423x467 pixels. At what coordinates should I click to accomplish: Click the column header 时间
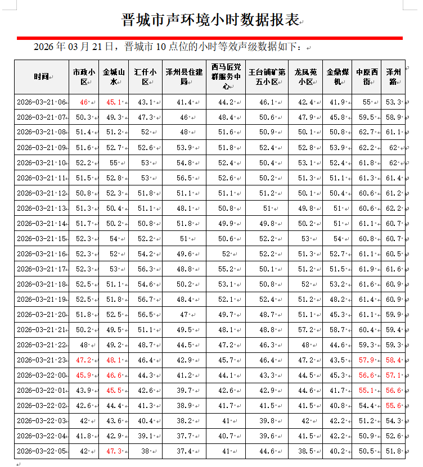[40, 77]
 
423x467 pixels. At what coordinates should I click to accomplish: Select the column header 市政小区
[84, 77]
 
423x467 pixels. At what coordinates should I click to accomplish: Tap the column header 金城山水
[113, 77]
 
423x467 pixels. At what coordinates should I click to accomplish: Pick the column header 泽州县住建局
[183, 77]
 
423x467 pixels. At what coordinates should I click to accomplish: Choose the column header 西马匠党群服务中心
[225, 77]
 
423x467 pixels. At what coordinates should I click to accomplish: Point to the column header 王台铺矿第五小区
[266, 77]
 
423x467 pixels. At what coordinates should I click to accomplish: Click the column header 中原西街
[366, 77]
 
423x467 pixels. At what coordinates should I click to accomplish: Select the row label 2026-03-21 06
[41, 103]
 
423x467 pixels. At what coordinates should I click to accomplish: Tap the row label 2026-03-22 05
[41, 451]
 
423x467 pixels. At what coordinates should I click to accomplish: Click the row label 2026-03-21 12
[41, 193]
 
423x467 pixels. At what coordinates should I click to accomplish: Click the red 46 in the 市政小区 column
[84, 103]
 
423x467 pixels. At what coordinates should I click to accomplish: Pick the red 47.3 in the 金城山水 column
[114, 451]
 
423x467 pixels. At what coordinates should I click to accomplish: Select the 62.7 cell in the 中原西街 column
[366, 133]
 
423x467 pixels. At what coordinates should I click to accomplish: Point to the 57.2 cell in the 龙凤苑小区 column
[305, 330]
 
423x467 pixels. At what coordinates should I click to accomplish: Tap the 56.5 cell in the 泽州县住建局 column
[183, 178]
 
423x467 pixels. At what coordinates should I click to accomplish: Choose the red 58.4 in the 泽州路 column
[393, 360]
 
